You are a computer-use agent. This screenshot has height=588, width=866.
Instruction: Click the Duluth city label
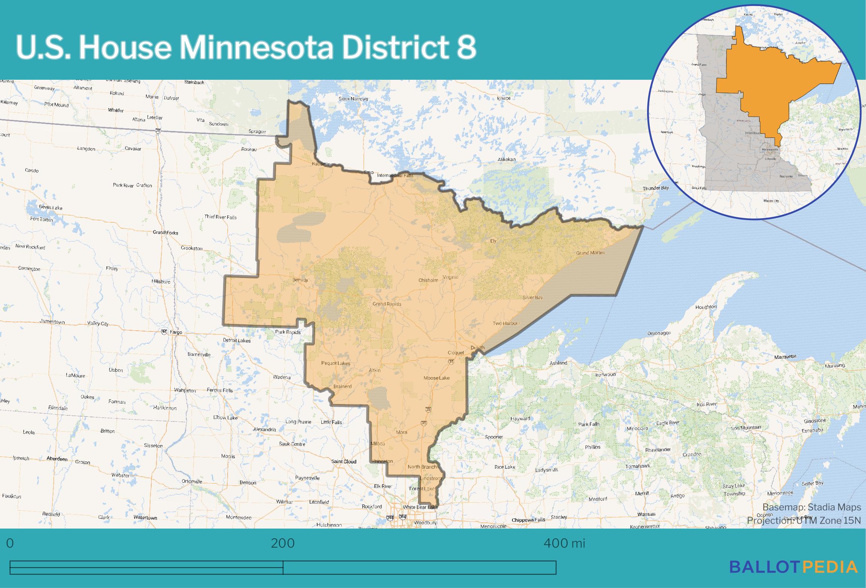(477, 348)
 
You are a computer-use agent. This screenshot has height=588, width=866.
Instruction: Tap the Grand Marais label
(590, 252)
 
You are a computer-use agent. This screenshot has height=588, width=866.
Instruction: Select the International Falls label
(395, 175)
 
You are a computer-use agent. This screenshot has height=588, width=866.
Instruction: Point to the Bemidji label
(300, 280)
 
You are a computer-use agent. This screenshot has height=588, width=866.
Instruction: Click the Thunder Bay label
(655, 188)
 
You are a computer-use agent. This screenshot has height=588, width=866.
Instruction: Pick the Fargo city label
(176, 332)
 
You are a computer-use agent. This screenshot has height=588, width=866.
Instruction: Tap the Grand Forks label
(165, 232)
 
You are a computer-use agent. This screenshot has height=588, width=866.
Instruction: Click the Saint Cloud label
(343, 461)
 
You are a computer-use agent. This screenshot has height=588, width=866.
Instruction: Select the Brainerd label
(342, 386)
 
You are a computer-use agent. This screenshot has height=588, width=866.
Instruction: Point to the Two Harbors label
(506, 323)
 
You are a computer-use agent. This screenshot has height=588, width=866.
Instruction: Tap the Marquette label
(785, 356)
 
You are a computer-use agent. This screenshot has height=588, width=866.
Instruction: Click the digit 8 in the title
(466, 48)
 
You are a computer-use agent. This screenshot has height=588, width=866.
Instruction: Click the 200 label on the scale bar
(283, 543)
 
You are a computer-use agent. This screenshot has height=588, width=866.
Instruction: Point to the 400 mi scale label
(564, 543)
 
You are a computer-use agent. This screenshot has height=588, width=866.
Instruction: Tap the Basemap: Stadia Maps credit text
(811, 507)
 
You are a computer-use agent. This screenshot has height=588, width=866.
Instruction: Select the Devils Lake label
(51, 208)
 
